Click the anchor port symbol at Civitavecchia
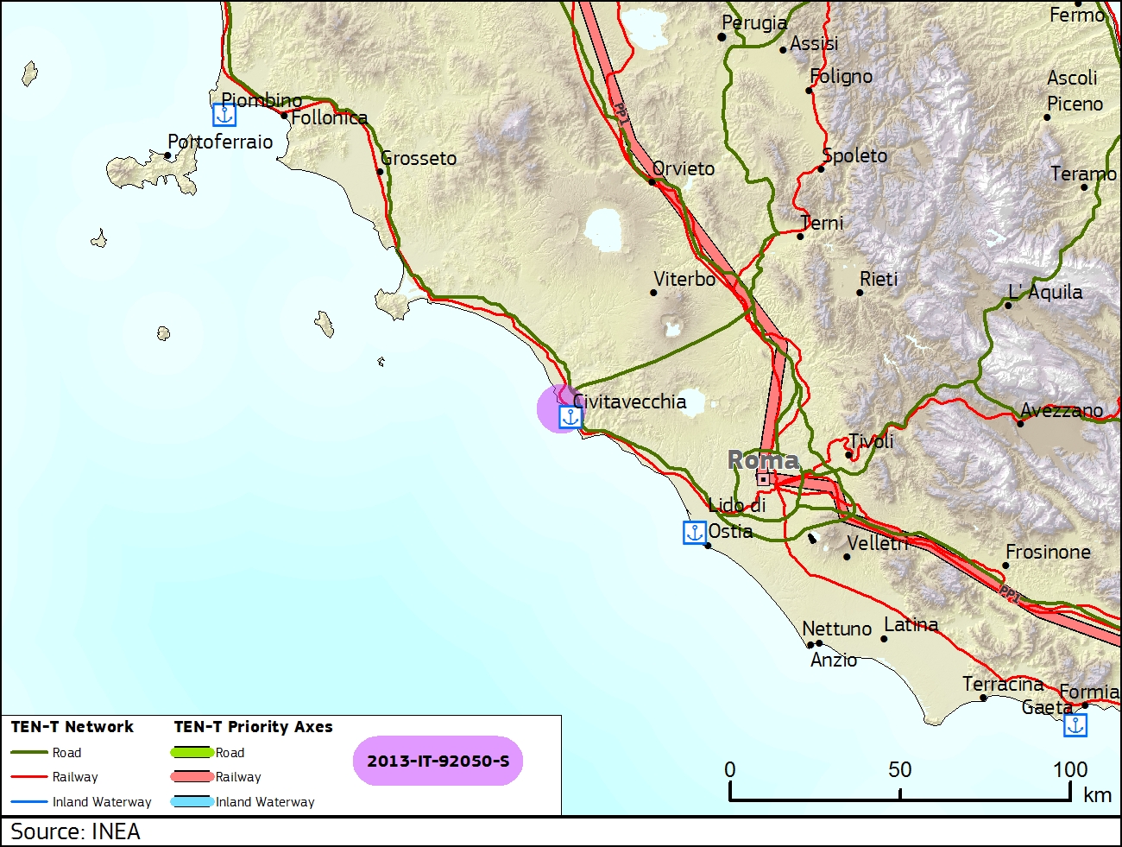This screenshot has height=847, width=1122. coord(570,418)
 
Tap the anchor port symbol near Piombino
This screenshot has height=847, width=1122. coord(224,115)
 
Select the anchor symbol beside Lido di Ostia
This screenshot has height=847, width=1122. coord(694,533)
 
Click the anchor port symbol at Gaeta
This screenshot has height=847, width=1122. coord(1075,725)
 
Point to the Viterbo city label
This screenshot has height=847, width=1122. coord(684,279)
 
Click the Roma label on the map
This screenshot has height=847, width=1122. coord(763,459)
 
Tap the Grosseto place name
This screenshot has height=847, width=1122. coord(419,158)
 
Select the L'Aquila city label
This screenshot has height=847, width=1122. coord(1045,292)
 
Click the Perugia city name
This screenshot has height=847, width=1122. coord(754,22)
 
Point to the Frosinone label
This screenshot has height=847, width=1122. coord(1048,552)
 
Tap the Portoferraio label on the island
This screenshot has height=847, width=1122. coord(220,142)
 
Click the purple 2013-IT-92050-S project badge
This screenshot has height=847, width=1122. coord(438,761)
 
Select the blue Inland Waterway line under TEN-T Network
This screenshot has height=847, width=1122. coord(28,802)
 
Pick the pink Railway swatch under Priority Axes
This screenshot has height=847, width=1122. coord(192,777)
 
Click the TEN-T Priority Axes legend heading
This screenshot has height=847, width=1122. coord(253,727)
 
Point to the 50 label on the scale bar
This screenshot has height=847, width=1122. coord(899,769)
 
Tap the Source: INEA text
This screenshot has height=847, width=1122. coord(75,831)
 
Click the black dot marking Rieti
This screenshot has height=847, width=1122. coord(859,293)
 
